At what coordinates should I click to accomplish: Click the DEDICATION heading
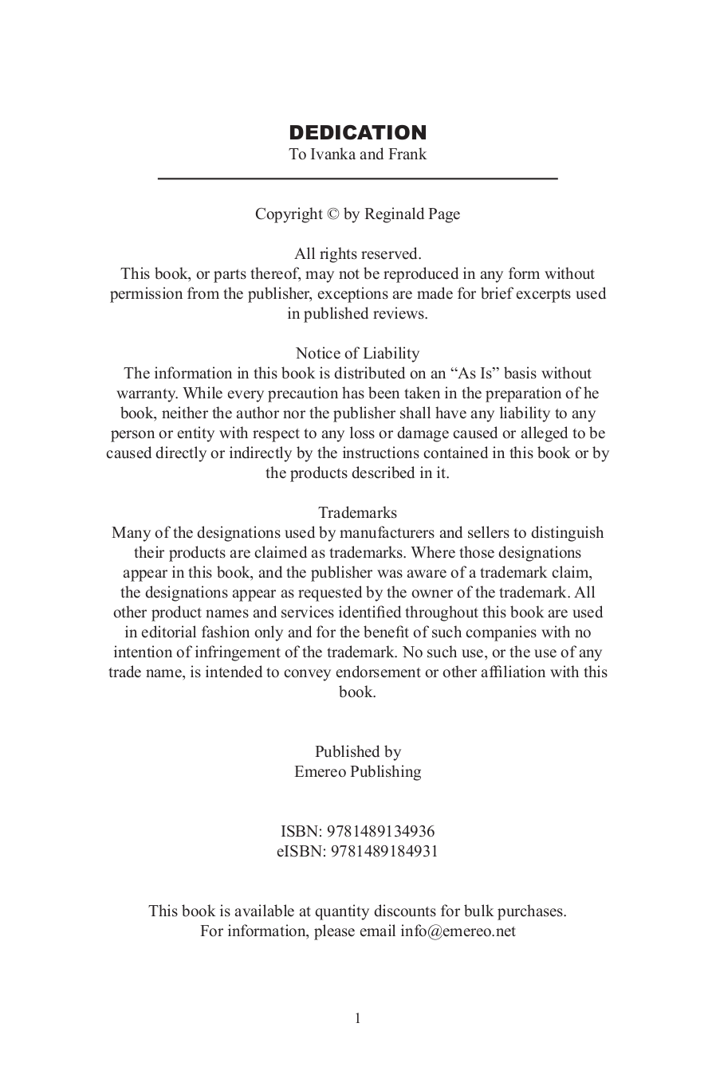357,132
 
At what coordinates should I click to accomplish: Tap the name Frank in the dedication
407,155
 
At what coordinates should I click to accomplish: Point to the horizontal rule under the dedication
357,178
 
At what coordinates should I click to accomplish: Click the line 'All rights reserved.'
357,254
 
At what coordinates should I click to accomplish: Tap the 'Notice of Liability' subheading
357,354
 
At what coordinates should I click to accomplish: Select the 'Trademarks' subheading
357,513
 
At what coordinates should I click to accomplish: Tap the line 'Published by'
357,752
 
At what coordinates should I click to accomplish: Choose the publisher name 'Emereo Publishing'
357,772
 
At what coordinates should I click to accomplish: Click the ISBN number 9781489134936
381,832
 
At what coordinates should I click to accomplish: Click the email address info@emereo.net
458,931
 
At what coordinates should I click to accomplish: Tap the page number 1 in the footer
357,1018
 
